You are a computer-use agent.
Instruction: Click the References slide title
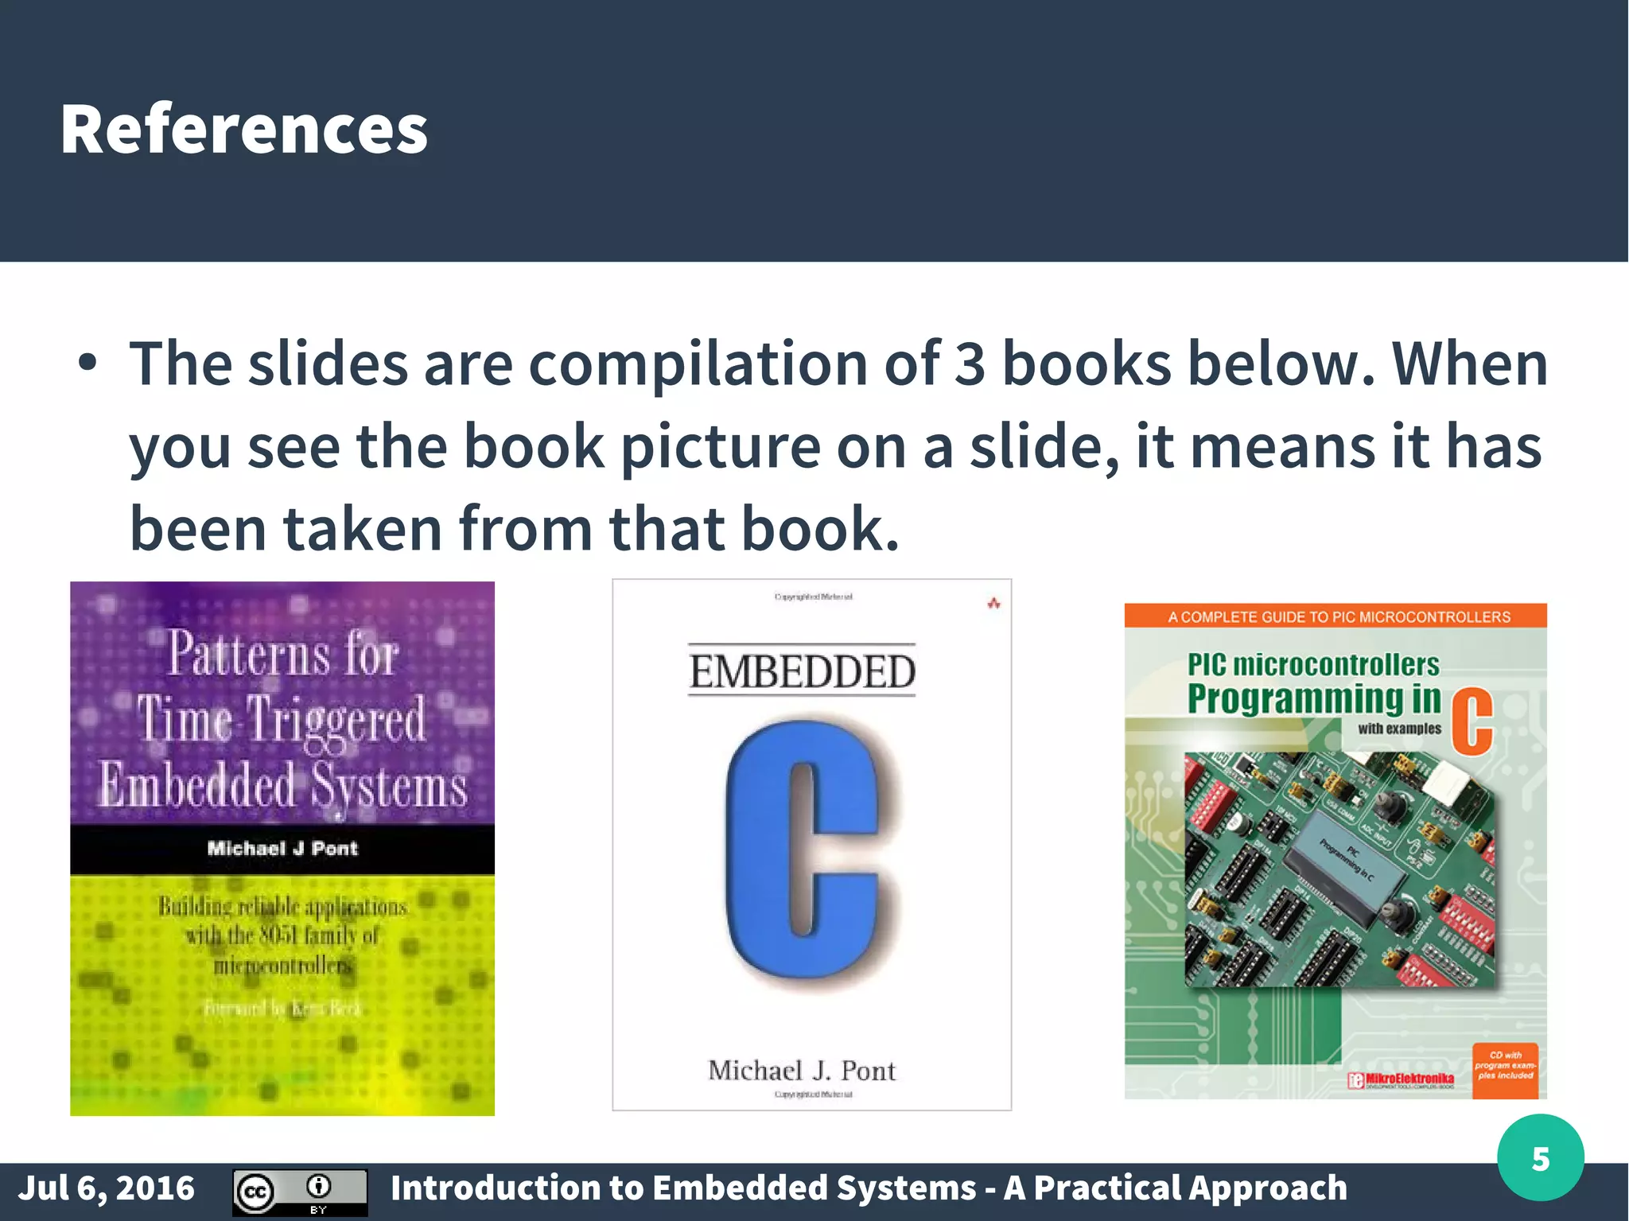[244, 129]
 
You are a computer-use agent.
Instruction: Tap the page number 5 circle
[1540, 1158]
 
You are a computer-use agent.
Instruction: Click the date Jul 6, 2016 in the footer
[107, 1188]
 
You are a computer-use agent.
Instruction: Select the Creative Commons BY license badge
[299, 1192]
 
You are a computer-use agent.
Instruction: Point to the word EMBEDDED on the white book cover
[802, 671]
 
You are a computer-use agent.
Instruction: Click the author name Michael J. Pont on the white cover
[802, 1071]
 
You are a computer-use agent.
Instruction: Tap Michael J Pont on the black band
[282, 849]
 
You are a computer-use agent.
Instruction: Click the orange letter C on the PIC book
[1472, 721]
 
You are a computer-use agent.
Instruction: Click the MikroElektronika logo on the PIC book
[1402, 1079]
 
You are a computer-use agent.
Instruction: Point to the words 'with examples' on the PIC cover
[1399, 729]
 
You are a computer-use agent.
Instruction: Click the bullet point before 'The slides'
[87, 364]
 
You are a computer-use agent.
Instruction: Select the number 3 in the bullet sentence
[969, 364]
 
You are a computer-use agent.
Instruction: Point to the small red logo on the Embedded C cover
[993, 604]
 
